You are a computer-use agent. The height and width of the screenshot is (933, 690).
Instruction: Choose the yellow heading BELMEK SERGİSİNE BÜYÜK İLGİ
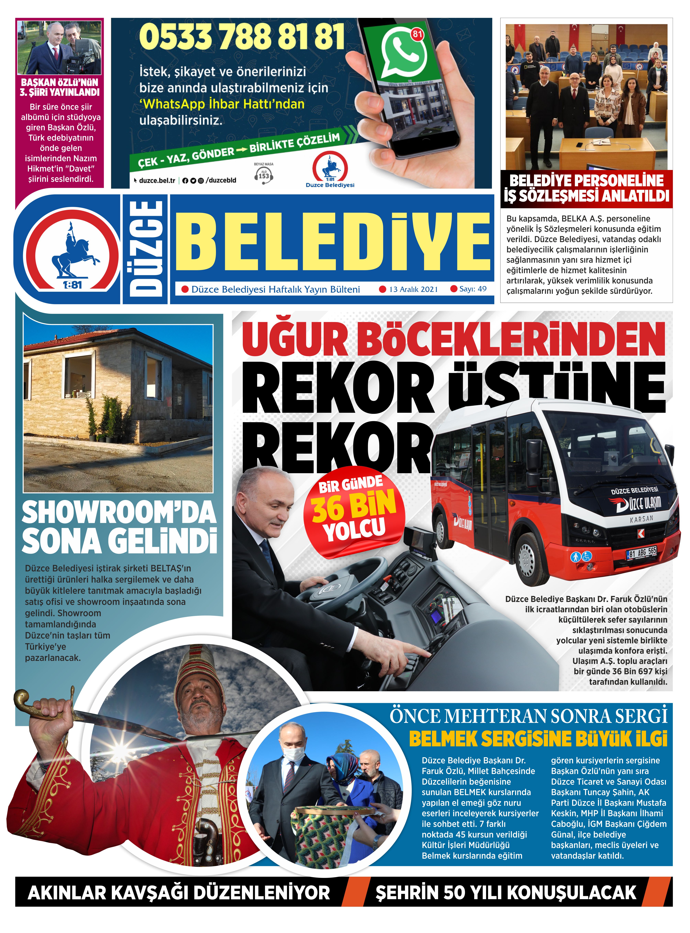coord(538,738)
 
